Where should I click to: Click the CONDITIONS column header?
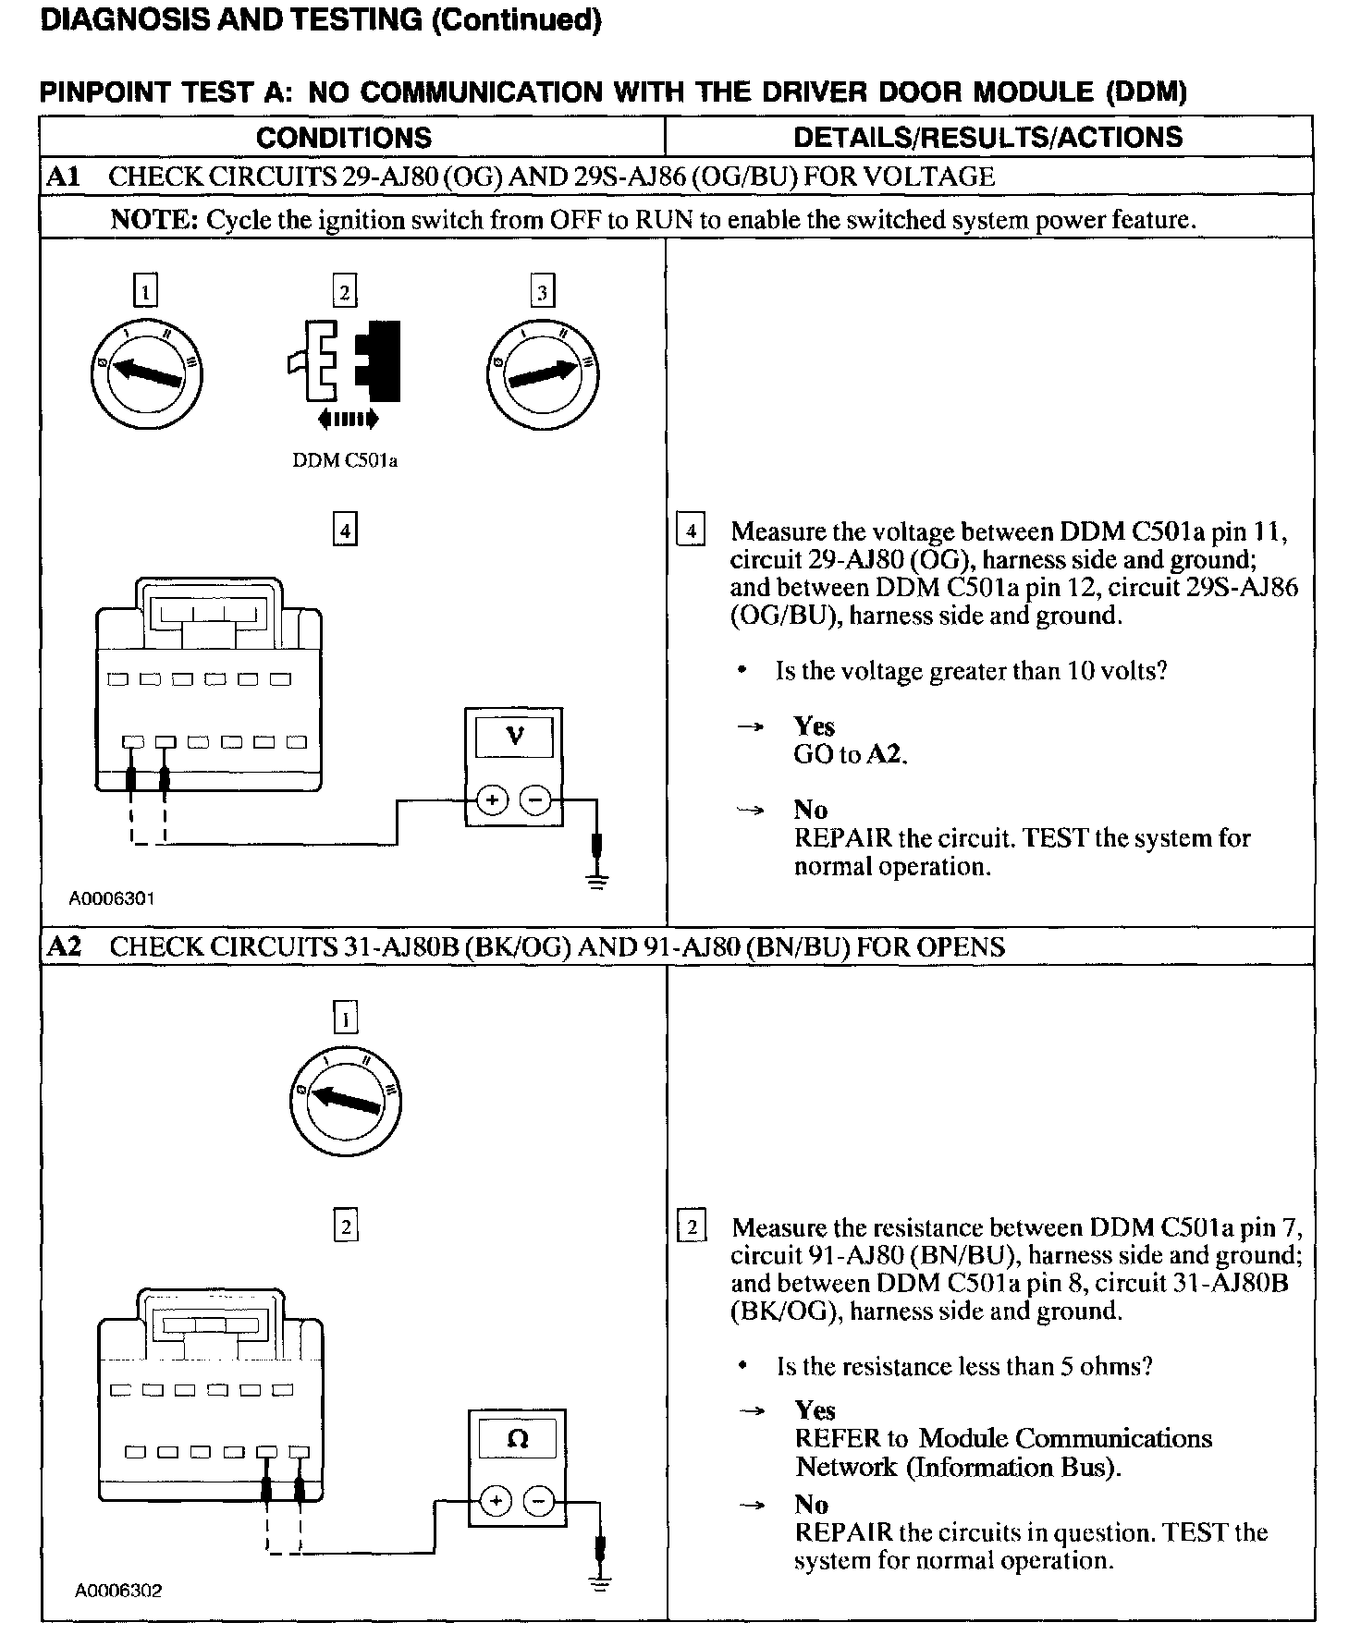click(x=344, y=138)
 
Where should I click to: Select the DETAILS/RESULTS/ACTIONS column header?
click(x=987, y=138)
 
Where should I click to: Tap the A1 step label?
click(x=63, y=177)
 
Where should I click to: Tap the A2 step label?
click(x=63, y=946)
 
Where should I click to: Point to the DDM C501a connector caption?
click(x=345, y=460)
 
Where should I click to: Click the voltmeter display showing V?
click(x=515, y=737)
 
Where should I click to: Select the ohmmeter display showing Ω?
click(x=518, y=1439)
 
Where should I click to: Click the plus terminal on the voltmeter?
click(x=493, y=799)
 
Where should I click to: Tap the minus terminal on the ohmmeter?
click(x=540, y=1501)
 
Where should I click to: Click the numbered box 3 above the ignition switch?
click(x=542, y=293)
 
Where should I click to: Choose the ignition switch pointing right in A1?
click(x=543, y=372)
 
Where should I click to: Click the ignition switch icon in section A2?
click(x=345, y=1101)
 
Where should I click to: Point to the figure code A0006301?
click(x=112, y=897)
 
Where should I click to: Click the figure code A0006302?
click(x=118, y=1591)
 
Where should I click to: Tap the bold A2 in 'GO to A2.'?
click(x=885, y=755)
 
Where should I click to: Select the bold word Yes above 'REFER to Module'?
click(x=815, y=1410)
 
